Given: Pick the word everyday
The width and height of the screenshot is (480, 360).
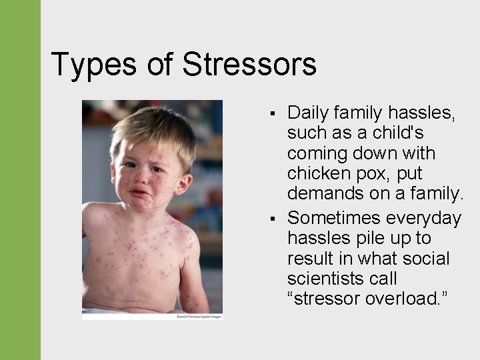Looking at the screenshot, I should click(426, 219).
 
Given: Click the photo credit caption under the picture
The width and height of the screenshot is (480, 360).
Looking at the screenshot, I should click(198, 315).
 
